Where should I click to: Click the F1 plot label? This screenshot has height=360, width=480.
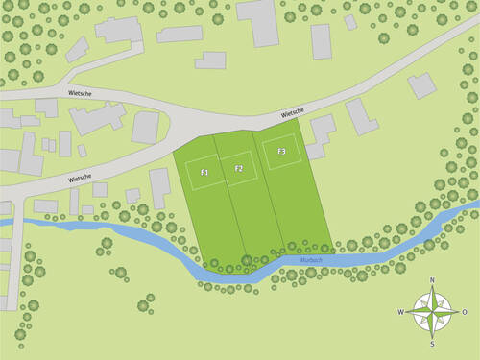tap(204, 171)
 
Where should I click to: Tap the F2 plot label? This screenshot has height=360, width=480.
tap(239, 169)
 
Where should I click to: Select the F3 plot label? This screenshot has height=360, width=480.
tap(282, 152)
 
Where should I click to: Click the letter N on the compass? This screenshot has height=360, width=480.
tap(432, 280)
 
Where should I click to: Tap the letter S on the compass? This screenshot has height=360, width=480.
tap(432, 344)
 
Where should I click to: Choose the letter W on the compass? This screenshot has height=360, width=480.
tap(400, 312)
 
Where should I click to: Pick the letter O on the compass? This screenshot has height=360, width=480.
tap(465, 312)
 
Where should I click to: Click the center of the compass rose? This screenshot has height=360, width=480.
tap(432, 312)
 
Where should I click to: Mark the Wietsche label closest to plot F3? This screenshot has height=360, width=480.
tap(293, 112)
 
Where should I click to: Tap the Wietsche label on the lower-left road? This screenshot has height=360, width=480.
tap(80, 178)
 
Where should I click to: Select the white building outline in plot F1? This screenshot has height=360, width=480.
tap(204, 172)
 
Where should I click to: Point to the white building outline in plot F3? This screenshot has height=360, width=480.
tap(282, 153)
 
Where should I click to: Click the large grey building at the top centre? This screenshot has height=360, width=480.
tap(257, 23)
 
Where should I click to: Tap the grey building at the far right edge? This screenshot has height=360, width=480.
tap(421, 84)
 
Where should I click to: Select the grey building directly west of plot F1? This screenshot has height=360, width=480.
tap(159, 187)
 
